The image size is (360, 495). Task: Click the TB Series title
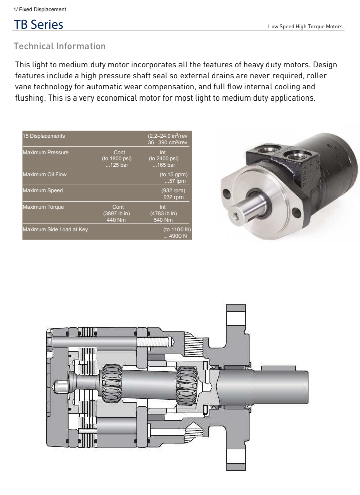[x=38, y=24]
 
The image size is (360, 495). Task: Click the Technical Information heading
[x=59, y=46]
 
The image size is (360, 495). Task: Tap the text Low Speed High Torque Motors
[x=305, y=27]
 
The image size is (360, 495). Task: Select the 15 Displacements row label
[x=44, y=136]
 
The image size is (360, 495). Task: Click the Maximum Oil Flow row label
[x=45, y=174]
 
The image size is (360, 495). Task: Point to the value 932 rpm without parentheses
[x=173, y=197]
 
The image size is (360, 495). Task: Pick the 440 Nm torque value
[x=116, y=220]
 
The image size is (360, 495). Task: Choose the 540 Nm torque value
[x=163, y=220]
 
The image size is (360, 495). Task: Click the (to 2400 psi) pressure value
[x=163, y=158]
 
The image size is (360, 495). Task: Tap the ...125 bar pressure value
[x=117, y=165]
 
